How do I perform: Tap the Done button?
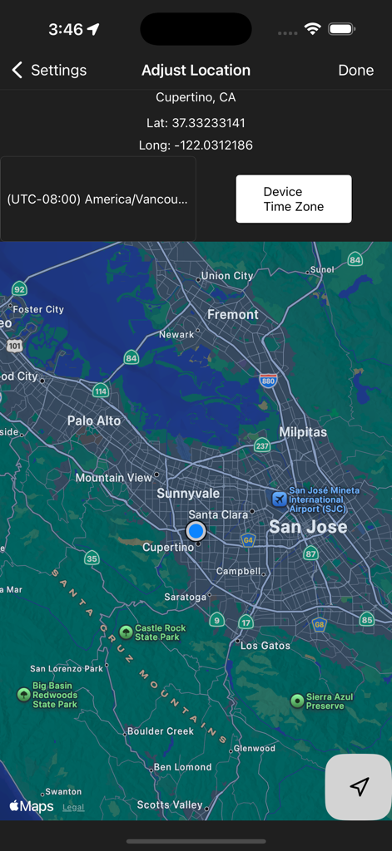tap(355, 71)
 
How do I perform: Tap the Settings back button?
tap(49, 71)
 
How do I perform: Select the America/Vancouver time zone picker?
tap(97, 199)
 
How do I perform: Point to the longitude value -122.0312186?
tap(212, 145)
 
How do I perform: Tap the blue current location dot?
tap(196, 530)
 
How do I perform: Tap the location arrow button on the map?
tap(359, 787)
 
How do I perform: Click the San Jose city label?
tap(308, 527)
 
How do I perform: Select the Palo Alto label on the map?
tap(94, 421)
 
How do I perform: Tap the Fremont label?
tap(233, 314)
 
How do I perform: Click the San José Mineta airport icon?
tap(279, 499)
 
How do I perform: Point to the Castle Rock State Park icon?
tap(126, 632)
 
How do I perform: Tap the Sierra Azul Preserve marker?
tap(296, 701)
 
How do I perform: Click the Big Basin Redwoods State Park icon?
tap(23, 694)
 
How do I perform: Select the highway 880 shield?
tap(268, 380)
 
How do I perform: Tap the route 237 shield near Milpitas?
tap(261, 445)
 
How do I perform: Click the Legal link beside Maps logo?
tap(73, 807)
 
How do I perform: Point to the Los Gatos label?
tap(265, 645)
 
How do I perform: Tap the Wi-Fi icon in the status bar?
tap(312, 29)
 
